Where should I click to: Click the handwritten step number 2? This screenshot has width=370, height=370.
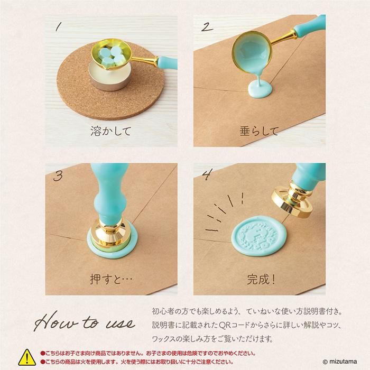(x=208, y=27)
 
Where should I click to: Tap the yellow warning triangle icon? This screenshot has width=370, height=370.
(x=26, y=357)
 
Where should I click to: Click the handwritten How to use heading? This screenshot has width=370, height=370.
(x=85, y=322)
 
